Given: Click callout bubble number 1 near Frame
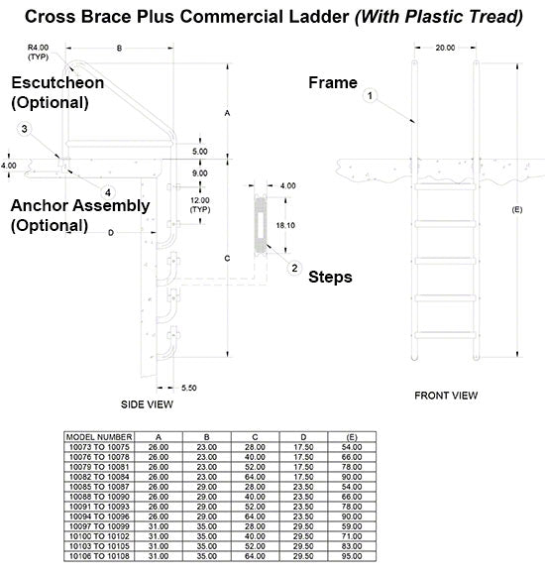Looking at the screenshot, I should [x=369, y=97].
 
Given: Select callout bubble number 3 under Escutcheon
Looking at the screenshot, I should [x=24, y=129].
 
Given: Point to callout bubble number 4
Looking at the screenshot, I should [x=108, y=192].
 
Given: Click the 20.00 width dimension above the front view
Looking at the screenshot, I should [x=445, y=47].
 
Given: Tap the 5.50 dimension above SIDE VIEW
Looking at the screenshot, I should [x=189, y=387].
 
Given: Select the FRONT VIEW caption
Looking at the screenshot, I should [x=446, y=395].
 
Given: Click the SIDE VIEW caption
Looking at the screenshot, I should [x=147, y=403].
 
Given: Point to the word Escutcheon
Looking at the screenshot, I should [x=56, y=82].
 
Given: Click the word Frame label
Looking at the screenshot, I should [x=332, y=83].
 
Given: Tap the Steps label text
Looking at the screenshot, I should [x=331, y=277].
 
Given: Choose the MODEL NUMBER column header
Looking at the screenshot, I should [x=97, y=435].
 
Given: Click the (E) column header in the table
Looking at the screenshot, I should [x=348, y=435].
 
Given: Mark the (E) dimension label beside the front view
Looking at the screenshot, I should [x=516, y=210].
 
